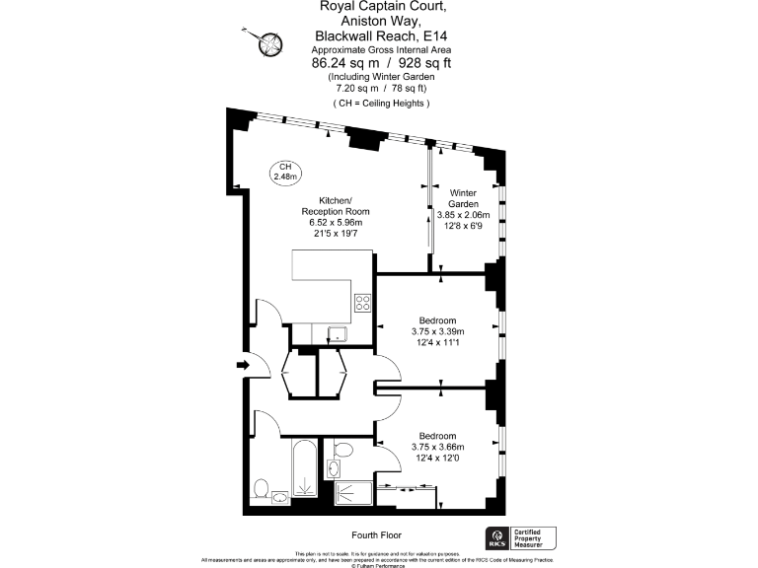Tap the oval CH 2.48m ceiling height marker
pos(284,172)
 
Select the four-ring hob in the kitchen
pos(361,303)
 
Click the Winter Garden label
pos(463,197)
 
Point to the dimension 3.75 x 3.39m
pos(436,331)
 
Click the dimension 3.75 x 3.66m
pos(436,447)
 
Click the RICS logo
pos(495,538)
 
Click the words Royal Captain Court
pos(378,6)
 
